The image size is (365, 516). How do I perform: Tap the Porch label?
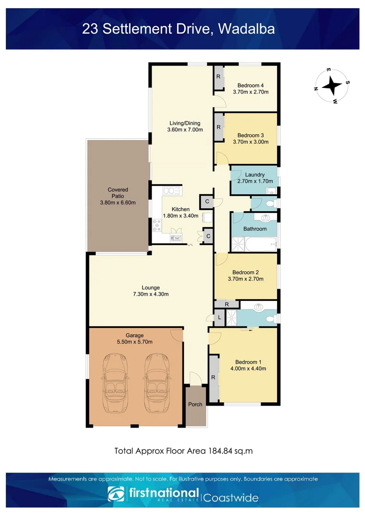[x=195, y=404]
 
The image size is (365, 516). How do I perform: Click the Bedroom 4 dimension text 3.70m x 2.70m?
[x=250, y=92]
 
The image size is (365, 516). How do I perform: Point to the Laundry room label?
[x=252, y=174]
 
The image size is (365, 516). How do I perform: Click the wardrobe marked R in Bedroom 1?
[x=213, y=378]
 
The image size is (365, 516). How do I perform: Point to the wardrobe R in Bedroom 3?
[x=219, y=127]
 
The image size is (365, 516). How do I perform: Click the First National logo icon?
[x=115, y=494]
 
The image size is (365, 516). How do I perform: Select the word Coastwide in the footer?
[x=232, y=497]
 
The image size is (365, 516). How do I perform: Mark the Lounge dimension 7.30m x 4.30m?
[x=151, y=294]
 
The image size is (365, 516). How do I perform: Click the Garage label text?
[x=134, y=335]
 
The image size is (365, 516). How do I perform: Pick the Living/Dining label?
[x=184, y=123]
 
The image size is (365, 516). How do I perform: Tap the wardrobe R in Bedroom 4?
[x=218, y=77]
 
